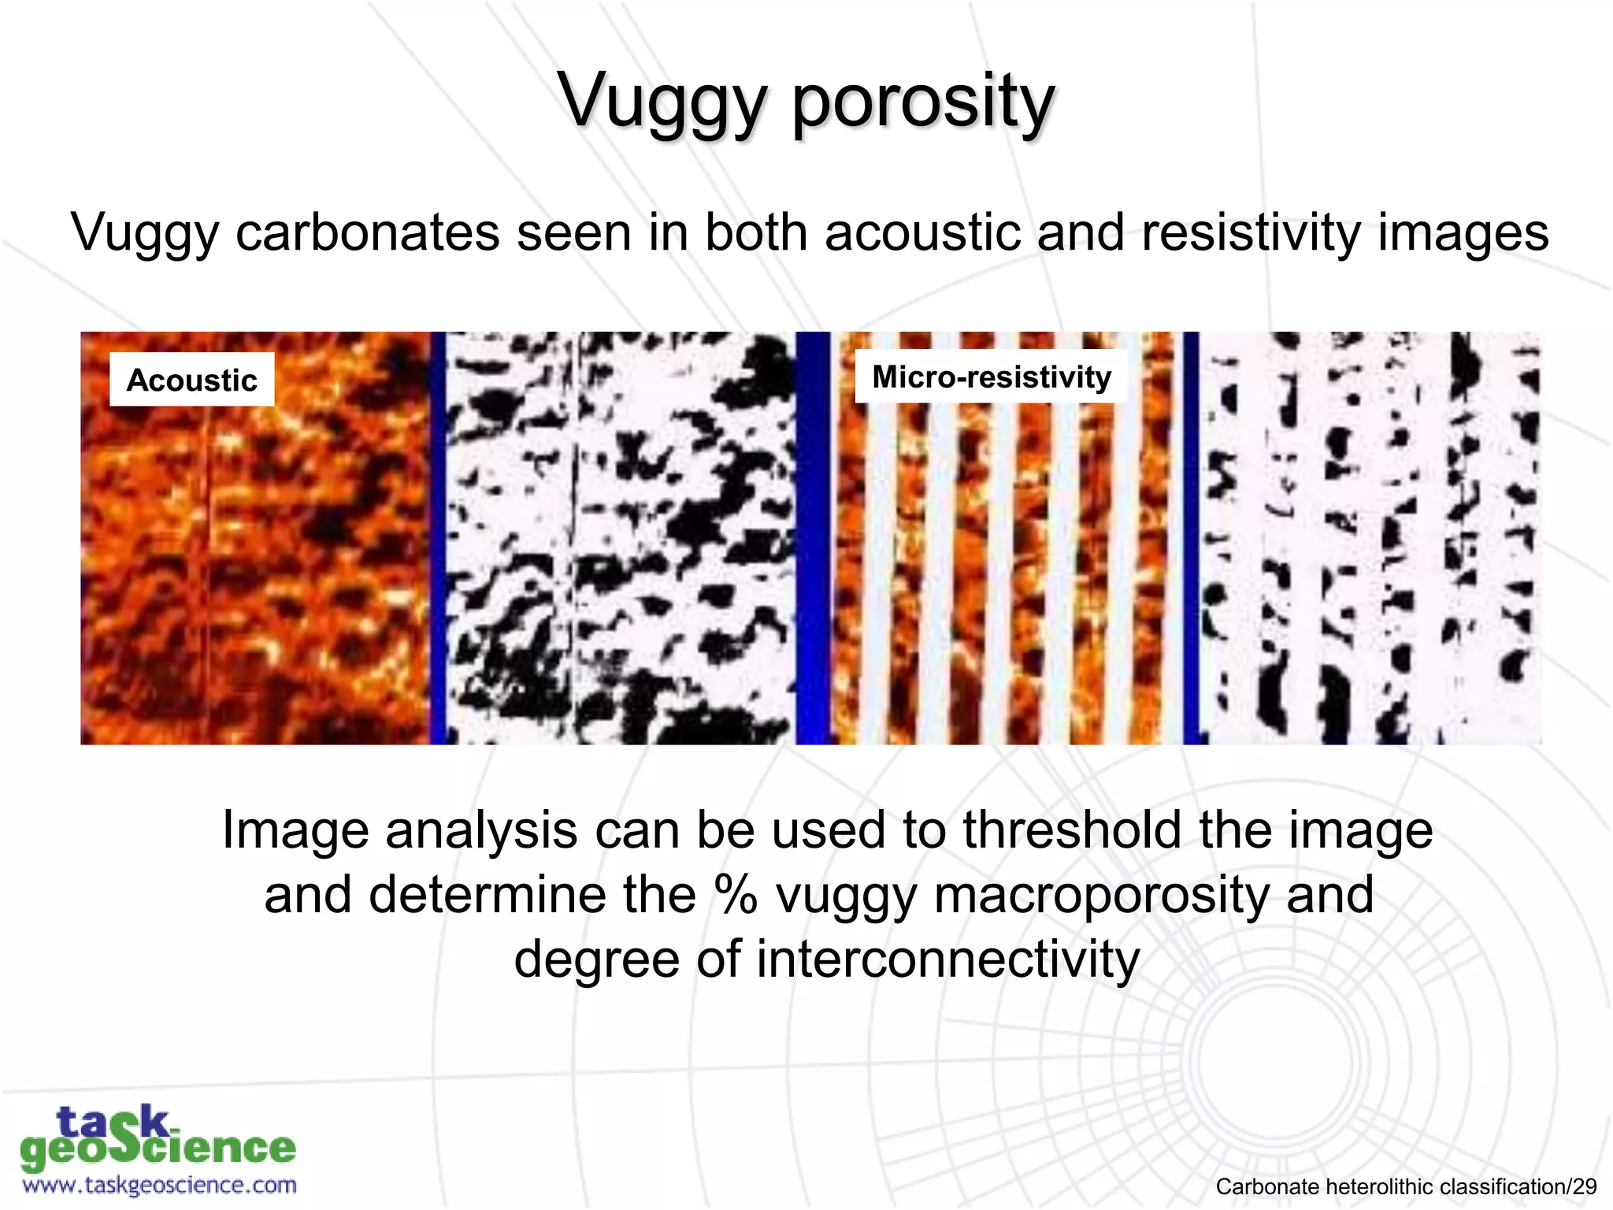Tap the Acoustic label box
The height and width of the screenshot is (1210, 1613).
191,380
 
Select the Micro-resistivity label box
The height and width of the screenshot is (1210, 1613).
991,377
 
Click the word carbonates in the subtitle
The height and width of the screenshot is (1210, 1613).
368,232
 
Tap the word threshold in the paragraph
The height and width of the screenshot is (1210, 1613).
1072,830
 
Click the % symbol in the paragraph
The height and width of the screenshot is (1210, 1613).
736,895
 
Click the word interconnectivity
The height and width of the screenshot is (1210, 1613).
947,959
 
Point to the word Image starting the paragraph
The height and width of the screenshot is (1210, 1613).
295,830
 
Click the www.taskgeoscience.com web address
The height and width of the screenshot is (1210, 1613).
160,1185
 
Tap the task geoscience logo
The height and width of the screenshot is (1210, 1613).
158,1138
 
